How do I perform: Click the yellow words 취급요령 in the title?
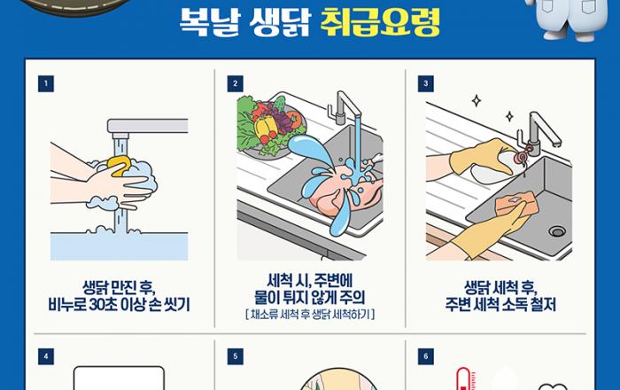coord(380,22)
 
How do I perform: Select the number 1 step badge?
coord(46,84)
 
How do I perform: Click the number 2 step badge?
coord(236,84)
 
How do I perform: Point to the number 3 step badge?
coord(426,84)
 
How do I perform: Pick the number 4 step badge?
coord(46,356)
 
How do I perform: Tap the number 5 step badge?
coord(236,356)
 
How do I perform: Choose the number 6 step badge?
coord(426,356)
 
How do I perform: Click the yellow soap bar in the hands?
coord(120,166)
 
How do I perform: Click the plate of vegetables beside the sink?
coord(270,126)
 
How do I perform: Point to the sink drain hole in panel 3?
coord(557,231)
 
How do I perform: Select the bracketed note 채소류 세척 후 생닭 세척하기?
coord(310,315)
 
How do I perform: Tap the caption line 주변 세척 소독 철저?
coord(500,305)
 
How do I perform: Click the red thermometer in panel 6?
coord(463,379)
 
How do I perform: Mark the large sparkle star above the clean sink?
coord(477,100)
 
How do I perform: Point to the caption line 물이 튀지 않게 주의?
coord(310,298)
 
